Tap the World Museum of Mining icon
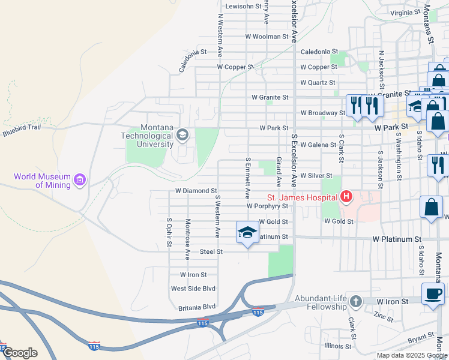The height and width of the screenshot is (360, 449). (79, 179)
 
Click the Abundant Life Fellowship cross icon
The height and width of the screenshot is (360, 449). (355, 301)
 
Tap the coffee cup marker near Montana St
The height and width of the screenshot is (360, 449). (433, 293)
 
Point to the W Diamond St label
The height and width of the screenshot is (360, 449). (195, 191)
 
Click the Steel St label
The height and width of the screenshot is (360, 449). (211, 251)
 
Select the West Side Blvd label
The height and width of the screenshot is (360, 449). (193, 289)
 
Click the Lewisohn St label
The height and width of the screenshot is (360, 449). (244, 6)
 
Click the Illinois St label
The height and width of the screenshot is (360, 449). (337, 346)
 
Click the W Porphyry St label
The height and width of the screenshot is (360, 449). (268, 206)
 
